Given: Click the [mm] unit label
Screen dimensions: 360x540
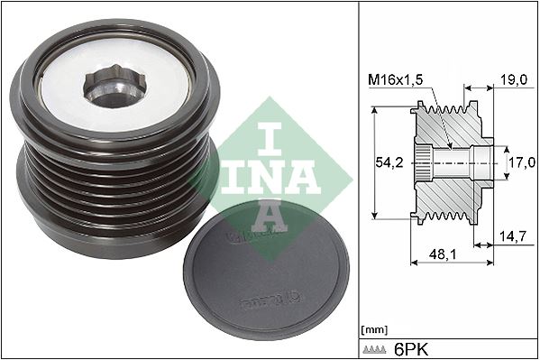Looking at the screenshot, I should [372, 329].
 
